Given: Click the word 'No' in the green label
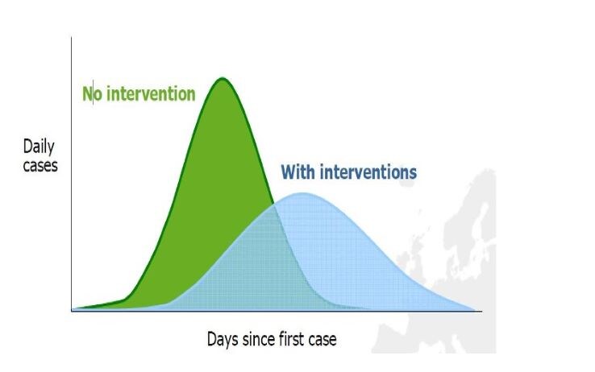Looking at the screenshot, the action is pyautogui.click(x=92, y=93).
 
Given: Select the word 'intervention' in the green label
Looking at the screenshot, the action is pyautogui.click(x=151, y=93).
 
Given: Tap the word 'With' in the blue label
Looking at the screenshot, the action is pyautogui.click(x=298, y=172).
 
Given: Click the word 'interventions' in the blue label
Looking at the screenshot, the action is pyautogui.click(x=368, y=172).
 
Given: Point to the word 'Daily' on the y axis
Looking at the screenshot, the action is pyautogui.click(x=39, y=147).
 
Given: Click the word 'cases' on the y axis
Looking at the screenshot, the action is pyautogui.click(x=40, y=166).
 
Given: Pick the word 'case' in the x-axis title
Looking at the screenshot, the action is pyautogui.click(x=322, y=340).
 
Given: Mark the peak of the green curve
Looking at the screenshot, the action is pyautogui.click(x=222, y=78).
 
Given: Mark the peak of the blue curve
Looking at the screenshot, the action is pyautogui.click(x=303, y=193).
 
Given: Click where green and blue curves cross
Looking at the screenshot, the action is pyautogui.click(x=273, y=205).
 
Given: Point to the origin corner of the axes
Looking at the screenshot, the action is pyautogui.click(x=72, y=311).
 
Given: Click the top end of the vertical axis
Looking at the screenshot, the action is pyautogui.click(x=71, y=37).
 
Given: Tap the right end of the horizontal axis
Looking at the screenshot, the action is pyautogui.click(x=482, y=312).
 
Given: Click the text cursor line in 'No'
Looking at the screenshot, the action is pyautogui.click(x=94, y=93).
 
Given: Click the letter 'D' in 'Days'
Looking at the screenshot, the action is pyautogui.click(x=212, y=339).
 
